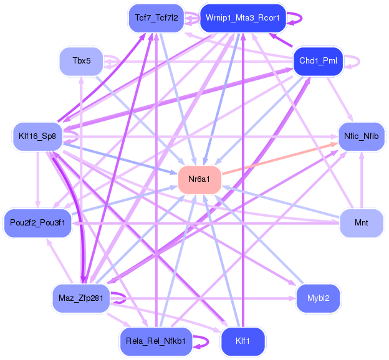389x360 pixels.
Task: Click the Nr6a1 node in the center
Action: [199, 179]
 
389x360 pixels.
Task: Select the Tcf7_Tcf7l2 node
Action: [156, 18]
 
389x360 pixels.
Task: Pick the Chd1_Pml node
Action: [318, 61]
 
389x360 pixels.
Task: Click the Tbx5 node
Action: [81, 61]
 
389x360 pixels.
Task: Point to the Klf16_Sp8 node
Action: [37, 136]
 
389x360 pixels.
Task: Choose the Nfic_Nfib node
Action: [361, 135]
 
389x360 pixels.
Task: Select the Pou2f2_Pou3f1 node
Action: [37, 223]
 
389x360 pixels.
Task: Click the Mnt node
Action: [361, 223]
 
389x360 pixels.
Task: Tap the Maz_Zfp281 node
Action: [81, 298]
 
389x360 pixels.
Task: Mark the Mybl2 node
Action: [318, 298]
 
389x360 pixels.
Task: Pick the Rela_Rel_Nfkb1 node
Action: [155, 341]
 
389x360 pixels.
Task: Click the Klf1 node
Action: [243, 341]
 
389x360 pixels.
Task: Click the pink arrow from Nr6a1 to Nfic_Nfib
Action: [281, 158]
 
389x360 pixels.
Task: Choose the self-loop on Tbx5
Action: [118, 61]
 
